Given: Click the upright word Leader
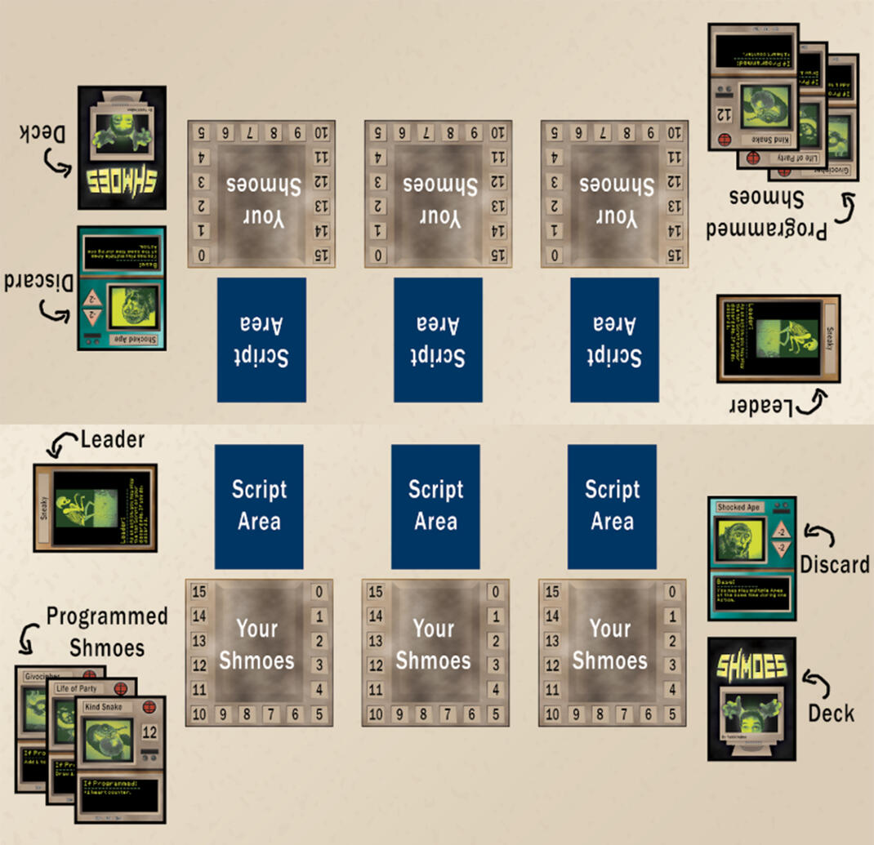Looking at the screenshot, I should click(x=113, y=441).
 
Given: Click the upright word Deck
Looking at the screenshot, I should click(x=831, y=713).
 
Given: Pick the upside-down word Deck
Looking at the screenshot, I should click(x=37, y=132).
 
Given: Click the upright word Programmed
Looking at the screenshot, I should click(x=107, y=616).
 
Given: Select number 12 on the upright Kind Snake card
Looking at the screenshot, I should click(x=149, y=732).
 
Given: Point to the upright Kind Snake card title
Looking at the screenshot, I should click(x=104, y=706).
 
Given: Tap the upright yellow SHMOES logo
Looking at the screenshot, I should click(x=751, y=666).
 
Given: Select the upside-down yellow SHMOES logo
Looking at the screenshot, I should click(x=122, y=180).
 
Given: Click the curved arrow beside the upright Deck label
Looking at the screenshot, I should click(x=814, y=678).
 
